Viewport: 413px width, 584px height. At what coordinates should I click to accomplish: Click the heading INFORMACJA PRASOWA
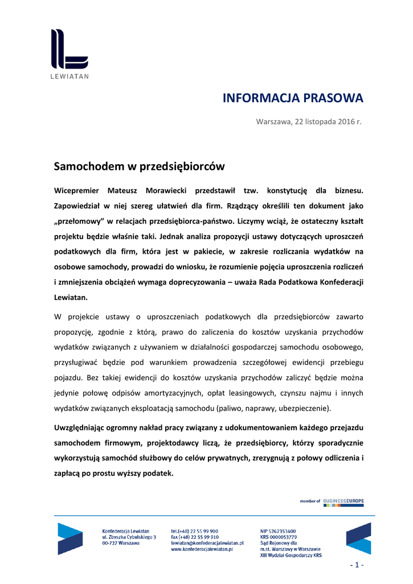point(292,98)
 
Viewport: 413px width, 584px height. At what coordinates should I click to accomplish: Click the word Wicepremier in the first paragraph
point(76,190)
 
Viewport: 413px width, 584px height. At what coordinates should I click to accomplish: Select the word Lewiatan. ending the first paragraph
point(71,297)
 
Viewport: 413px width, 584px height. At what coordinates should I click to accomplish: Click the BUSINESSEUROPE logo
point(343,501)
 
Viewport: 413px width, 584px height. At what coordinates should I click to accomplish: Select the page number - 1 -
point(357,565)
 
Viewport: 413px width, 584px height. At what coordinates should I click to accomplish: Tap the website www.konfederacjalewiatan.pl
point(202,549)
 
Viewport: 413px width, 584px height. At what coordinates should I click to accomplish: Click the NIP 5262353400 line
point(278,531)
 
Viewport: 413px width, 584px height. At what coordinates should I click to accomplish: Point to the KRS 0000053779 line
point(279,537)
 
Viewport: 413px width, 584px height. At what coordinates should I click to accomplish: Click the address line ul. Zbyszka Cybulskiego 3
point(129,537)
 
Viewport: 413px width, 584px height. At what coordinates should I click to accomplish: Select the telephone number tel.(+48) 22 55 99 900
point(194,531)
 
